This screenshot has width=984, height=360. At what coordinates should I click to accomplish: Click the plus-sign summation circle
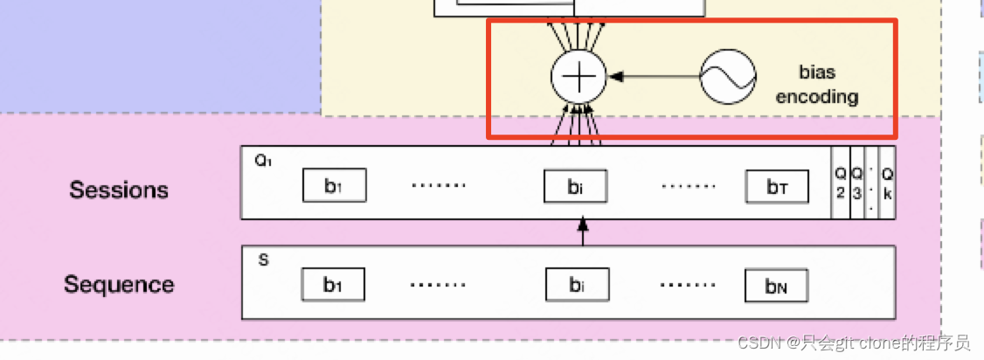[x=578, y=77]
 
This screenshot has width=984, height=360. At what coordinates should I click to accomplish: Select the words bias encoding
[x=816, y=84]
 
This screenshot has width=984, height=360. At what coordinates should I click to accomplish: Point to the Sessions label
[x=119, y=190]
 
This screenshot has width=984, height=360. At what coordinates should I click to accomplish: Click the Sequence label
[x=119, y=284]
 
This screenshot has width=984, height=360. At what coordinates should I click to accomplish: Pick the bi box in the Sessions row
[x=575, y=185]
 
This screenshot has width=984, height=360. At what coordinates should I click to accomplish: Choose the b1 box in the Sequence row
[x=333, y=285]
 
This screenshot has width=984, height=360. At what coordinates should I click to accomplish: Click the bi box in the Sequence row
[x=577, y=285]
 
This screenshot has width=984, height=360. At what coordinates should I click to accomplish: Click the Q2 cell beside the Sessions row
[x=840, y=183]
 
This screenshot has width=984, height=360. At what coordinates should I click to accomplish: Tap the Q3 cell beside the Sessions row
[x=856, y=183]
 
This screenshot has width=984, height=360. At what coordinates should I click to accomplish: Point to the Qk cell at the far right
[x=887, y=183]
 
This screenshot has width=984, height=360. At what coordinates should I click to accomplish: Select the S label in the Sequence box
[x=263, y=260]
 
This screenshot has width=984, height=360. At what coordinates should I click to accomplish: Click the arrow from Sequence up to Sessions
[x=584, y=232]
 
